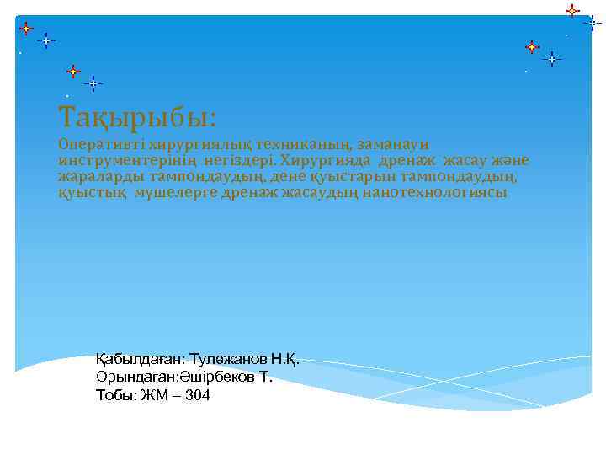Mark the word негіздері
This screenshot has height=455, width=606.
(x=239, y=160)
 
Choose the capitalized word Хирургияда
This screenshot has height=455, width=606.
(x=326, y=160)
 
